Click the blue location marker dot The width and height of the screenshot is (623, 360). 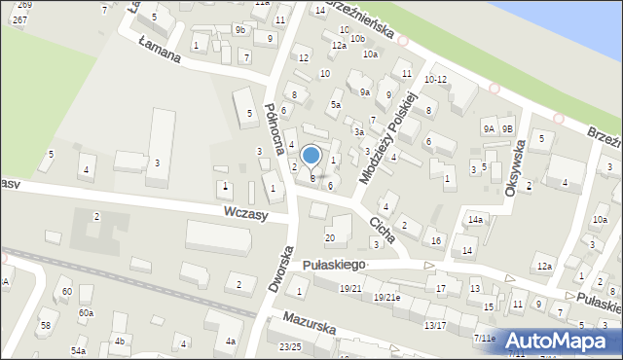(x=311, y=155)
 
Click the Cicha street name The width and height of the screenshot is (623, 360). (x=381, y=230)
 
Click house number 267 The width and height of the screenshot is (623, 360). (x=19, y=19)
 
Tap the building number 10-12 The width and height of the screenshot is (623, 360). (x=435, y=79)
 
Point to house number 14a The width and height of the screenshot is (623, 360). (x=474, y=221)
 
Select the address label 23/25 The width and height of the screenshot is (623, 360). (x=290, y=346)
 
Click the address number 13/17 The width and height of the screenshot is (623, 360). (x=434, y=325)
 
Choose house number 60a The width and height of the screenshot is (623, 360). (x=87, y=312)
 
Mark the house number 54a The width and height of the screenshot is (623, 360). (x=78, y=349)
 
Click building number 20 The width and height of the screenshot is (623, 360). (x=330, y=237)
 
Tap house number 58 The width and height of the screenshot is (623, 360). (x=45, y=324)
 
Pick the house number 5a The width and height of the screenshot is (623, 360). (x=336, y=104)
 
